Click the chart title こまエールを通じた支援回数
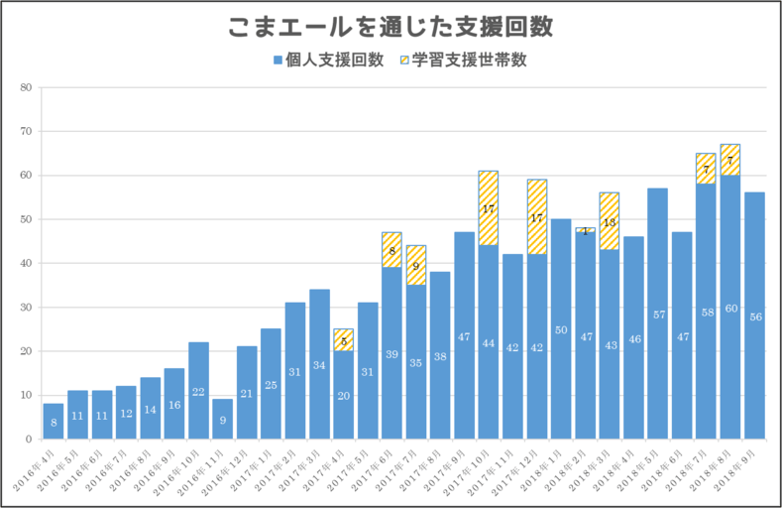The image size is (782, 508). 390,27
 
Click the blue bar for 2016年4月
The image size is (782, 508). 54,421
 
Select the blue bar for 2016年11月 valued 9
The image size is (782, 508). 222,419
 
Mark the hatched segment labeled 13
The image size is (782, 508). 609,221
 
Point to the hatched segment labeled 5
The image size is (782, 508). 343,340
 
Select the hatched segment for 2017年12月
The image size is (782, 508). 536,217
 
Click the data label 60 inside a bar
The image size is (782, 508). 730,309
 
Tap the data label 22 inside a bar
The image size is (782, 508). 198,393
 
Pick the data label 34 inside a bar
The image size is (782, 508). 319,365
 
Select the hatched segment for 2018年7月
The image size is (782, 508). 706,169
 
